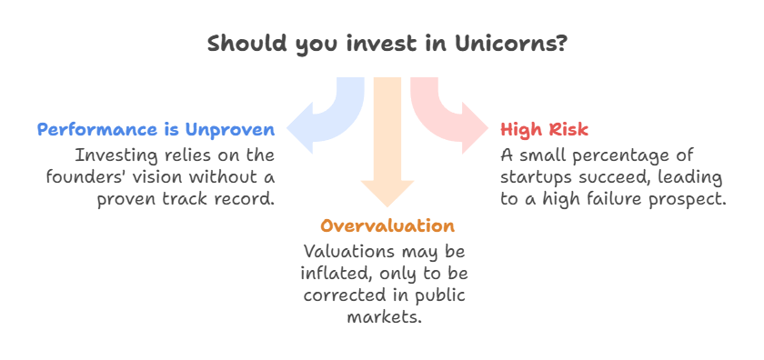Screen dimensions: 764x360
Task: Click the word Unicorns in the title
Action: tap(511, 44)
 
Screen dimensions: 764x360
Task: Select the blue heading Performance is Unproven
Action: tap(156, 130)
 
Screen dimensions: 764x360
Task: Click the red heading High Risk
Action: tap(544, 130)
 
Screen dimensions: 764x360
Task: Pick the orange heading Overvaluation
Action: tap(387, 226)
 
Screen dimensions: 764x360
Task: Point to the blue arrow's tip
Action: tap(287, 128)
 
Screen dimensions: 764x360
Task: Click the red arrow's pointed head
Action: tap(488, 128)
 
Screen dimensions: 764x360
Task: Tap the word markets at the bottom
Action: tap(384, 317)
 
